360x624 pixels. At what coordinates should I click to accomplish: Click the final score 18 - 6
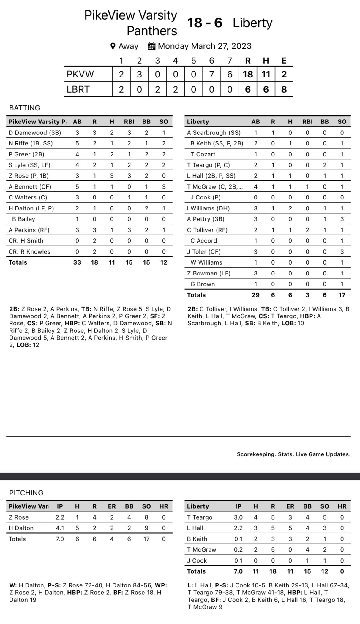(205, 23)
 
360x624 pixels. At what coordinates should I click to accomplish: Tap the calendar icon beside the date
(151, 46)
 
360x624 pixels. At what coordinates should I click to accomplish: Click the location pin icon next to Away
(113, 46)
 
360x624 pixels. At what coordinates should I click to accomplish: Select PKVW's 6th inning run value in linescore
(211, 74)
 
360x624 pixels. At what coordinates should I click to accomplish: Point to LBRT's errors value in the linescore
(284, 89)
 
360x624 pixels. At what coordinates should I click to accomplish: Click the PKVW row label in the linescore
(80, 74)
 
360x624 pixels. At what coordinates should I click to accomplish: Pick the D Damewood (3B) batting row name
(35, 133)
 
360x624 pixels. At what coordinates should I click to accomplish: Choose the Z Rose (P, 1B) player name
(29, 176)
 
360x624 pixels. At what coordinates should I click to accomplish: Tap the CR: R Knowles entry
(29, 252)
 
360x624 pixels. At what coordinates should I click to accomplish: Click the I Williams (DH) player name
(208, 208)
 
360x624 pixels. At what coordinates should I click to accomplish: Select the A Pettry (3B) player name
(206, 219)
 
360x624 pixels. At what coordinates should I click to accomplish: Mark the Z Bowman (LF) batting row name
(209, 273)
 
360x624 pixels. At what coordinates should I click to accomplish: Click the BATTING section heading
(25, 108)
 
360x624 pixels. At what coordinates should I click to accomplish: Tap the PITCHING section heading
(26, 493)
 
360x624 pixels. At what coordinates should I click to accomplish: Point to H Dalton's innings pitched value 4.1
(60, 528)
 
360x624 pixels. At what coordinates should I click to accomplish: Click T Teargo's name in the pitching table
(200, 517)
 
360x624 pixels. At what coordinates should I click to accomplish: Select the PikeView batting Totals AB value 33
(77, 262)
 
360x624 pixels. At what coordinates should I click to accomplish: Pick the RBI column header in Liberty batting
(307, 122)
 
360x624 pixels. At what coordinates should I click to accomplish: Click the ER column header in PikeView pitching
(112, 506)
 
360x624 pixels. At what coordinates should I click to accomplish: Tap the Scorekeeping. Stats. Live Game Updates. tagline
(293, 454)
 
